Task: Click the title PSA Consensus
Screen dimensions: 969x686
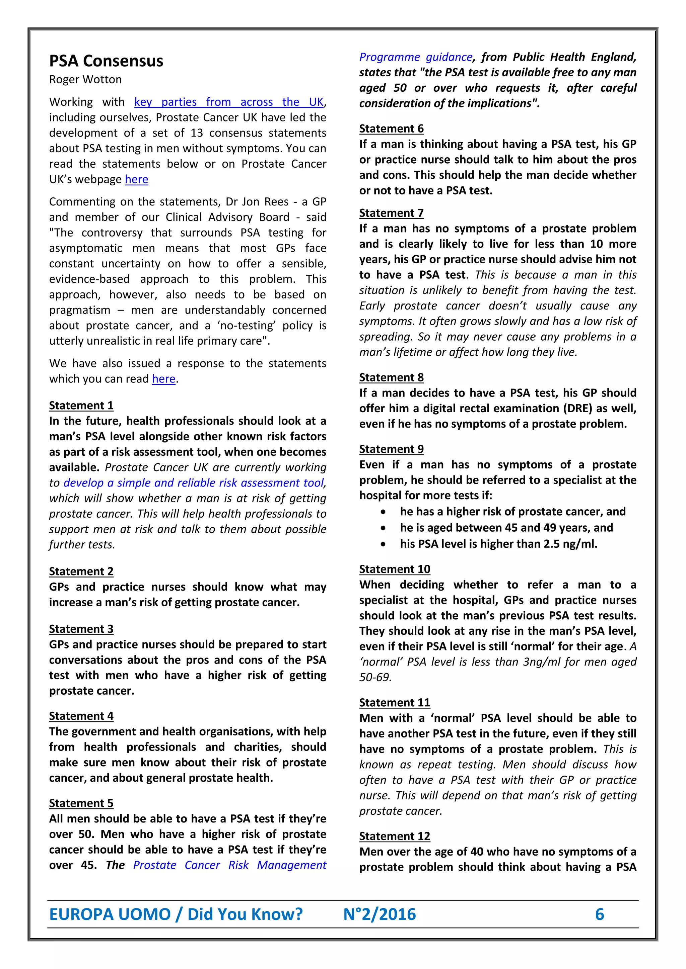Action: click(x=106, y=61)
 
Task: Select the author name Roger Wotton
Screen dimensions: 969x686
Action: click(x=85, y=79)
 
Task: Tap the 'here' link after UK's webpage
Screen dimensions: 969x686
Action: click(x=136, y=179)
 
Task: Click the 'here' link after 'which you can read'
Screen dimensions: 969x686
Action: click(x=163, y=379)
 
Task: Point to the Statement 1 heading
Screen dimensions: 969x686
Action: click(x=81, y=406)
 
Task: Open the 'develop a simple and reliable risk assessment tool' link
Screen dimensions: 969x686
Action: click(x=194, y=483)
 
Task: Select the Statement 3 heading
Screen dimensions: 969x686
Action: click(x=81, y=629)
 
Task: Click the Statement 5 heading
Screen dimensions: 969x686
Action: click(x=81, y=803)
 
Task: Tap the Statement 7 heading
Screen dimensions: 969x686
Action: click(x=391, y=213)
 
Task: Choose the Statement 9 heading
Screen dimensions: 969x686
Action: click(x=391, y=449)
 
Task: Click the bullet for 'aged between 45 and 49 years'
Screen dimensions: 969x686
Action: click(x=383, y=528)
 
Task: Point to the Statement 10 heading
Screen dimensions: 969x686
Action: click(x=395, y=569)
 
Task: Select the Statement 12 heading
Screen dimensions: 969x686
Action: click(x=395, y=836)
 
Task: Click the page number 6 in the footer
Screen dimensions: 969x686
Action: click(x=599, y=914)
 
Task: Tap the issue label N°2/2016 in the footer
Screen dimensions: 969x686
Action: click(x=379, y=914)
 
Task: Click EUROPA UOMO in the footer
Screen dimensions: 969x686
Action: click(x=110, y=914)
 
